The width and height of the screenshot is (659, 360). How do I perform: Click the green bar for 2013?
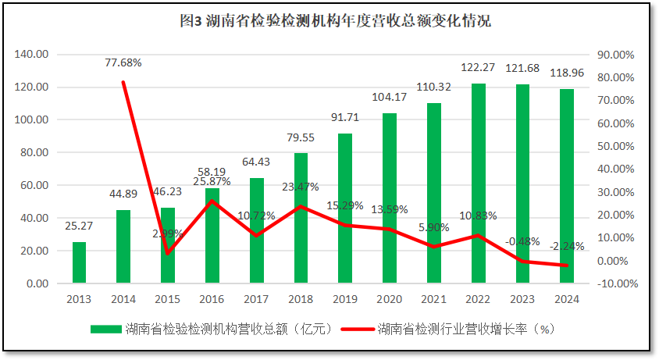(x=79, y=263)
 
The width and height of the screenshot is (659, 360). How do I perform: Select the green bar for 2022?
(x=479, y=184)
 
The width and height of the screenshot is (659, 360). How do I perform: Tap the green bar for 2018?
(x=301, y=218)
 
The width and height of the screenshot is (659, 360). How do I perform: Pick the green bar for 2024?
(x=567, y=187)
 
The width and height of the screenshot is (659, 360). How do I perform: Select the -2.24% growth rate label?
(x=567, y=247)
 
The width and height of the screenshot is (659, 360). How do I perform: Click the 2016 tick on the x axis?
(x=212, y=299)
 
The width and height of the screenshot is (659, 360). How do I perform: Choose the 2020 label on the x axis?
(x=390, y=299)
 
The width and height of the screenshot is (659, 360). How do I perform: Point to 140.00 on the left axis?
(x=31, y=55)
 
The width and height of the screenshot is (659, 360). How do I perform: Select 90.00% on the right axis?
(x=614, y=55)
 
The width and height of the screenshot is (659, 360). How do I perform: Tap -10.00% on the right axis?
(x=613, y=283)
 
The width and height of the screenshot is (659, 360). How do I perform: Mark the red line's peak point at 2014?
(x=123, y=82)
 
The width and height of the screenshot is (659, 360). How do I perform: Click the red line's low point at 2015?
(x=168, y=254)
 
